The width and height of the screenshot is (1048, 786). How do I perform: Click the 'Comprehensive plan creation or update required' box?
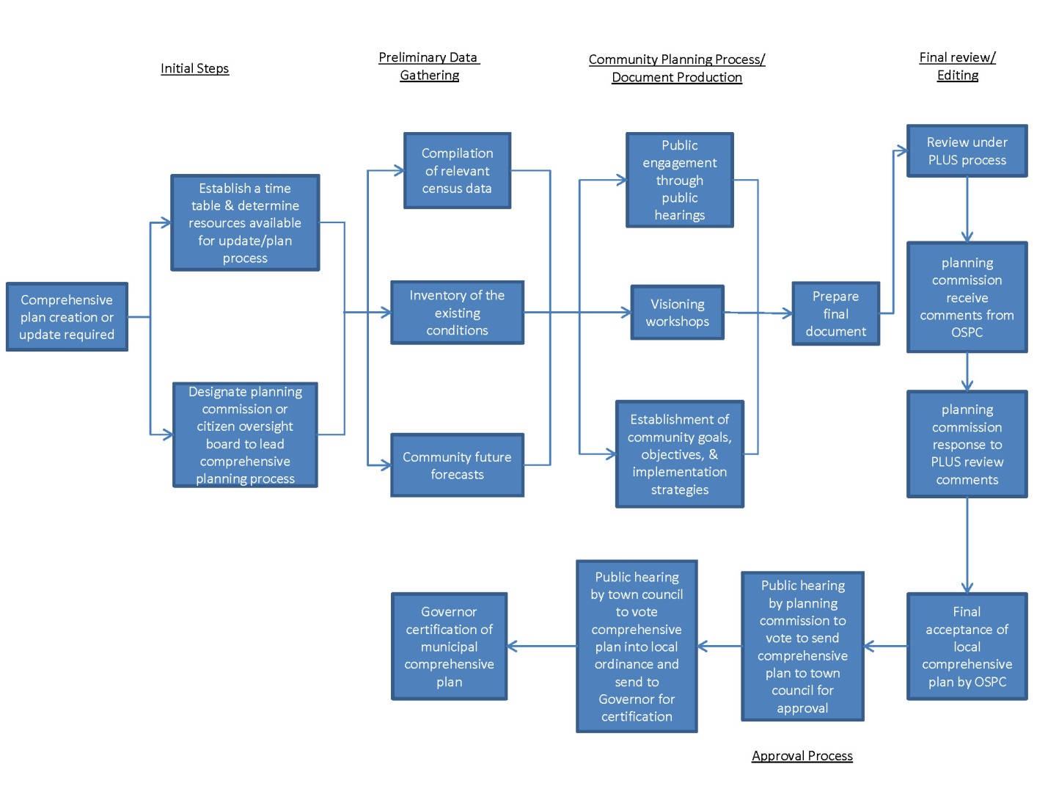(67, 317)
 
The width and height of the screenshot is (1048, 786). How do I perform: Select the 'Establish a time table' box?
(245, 222)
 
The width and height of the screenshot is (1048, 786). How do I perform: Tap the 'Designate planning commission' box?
(245, 434)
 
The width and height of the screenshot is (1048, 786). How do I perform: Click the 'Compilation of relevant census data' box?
(457, 170)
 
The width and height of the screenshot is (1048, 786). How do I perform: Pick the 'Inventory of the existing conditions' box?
(457, 313)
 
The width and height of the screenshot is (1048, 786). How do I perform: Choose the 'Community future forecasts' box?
(457, 465)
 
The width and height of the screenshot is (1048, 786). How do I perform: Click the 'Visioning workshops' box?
(677, 313)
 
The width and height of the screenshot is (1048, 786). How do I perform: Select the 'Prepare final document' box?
(835, 313)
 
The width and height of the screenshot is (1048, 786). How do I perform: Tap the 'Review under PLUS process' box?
(967, 150)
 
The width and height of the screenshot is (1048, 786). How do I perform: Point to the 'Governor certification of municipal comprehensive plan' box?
(449, 646)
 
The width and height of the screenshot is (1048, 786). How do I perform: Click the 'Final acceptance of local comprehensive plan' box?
(967, 646)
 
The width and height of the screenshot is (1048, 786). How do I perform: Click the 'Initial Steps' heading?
(194, 68)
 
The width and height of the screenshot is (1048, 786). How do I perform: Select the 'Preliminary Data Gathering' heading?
(429, 66)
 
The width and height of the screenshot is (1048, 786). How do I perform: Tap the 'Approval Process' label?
(802, 755)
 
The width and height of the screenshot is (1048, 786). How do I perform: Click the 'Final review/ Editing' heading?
(957, 66)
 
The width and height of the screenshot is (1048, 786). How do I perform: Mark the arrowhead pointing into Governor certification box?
(513, 646)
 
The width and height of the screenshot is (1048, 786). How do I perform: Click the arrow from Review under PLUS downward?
(967, 209)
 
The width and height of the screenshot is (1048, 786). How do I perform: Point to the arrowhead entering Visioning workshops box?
(626, 313)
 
